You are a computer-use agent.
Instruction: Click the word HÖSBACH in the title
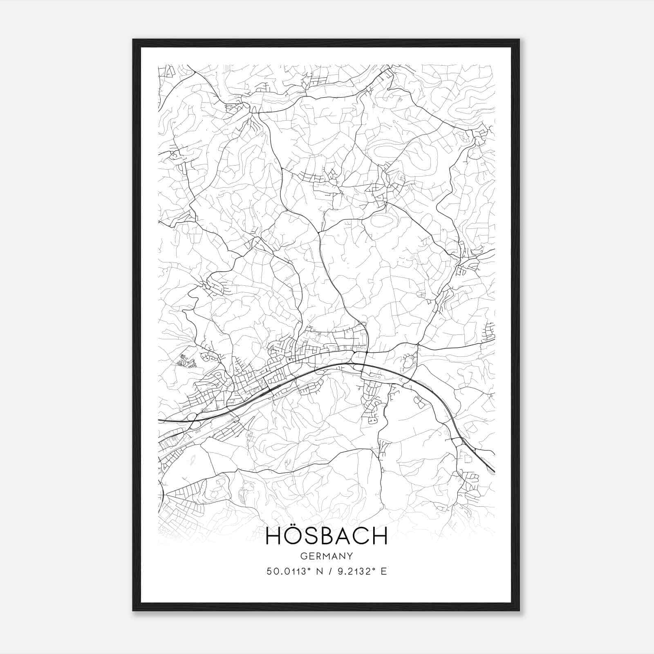click(327, 536)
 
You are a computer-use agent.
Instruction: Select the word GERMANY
click(327, 556)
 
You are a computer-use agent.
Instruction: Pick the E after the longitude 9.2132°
click(383, 571)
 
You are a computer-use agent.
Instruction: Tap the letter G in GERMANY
click(303, 556)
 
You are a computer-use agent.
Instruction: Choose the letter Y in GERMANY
click(350, 556)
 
